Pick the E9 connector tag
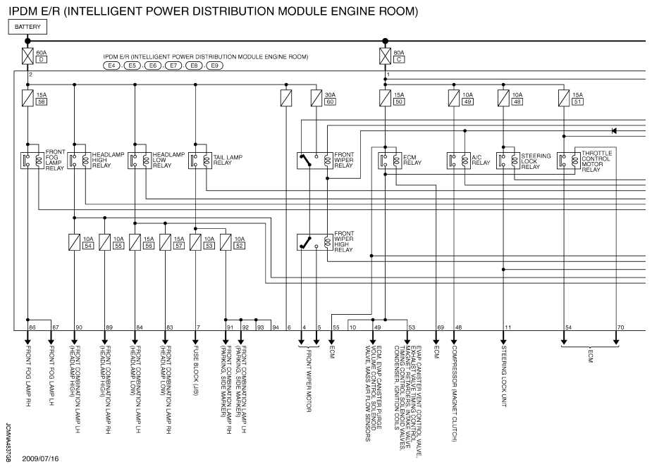(214, 65)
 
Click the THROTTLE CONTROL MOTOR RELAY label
(596, 161)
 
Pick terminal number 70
(620, 327)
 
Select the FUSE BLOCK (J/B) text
(197, 367)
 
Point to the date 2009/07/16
(40, 458)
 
